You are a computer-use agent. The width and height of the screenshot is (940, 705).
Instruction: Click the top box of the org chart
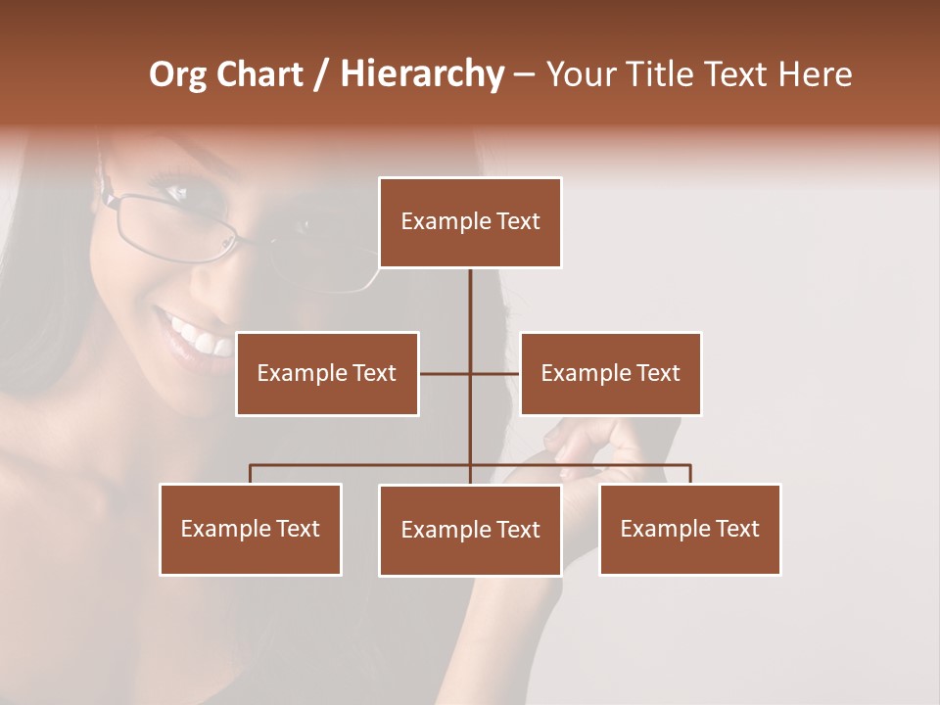470,222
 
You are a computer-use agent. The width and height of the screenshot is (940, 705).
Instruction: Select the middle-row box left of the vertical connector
327,373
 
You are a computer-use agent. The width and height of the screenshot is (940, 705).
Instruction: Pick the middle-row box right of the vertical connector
610,373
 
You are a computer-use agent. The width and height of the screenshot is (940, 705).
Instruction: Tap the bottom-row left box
251,529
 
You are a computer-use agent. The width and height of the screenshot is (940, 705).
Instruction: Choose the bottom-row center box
470,530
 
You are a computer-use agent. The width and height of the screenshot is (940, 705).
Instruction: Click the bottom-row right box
689,529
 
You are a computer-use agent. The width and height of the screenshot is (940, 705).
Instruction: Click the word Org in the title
178,74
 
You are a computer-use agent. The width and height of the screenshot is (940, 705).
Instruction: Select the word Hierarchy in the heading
422,74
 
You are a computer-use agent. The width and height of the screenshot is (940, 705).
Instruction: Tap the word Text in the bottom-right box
736,529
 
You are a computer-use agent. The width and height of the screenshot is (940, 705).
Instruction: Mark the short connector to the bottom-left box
251,474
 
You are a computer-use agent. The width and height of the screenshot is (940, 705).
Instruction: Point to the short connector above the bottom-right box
690,474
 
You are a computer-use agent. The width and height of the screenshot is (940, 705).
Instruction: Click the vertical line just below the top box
470,294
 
